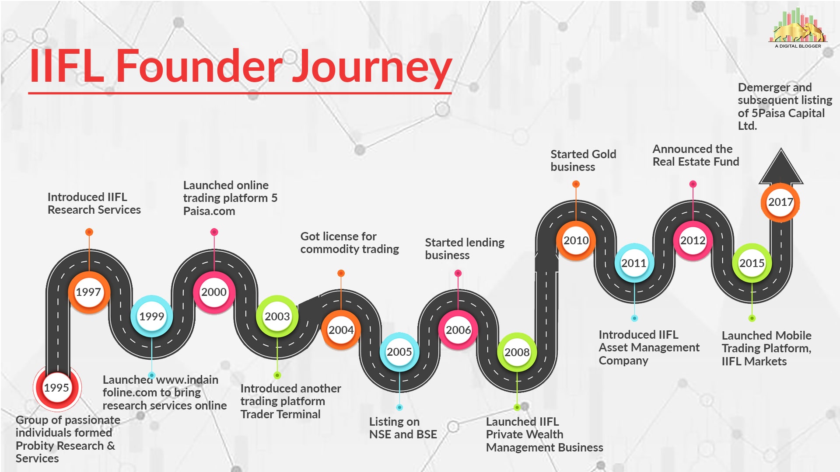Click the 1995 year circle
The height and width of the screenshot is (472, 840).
(56, 387)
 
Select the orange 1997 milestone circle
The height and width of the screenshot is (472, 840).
(89, 292)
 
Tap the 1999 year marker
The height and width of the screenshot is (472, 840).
(151, 316)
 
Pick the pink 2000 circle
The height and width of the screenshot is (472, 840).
(214, 292)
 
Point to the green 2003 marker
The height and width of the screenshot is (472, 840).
(277, 316)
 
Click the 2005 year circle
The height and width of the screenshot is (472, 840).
(399, 352)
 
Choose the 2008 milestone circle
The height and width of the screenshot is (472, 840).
(517, 353)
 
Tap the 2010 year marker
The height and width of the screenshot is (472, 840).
(576, 241)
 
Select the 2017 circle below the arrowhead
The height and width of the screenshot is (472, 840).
(780, 202)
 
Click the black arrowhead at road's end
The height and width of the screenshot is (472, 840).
(781, 166)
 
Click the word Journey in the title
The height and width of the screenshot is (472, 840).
(372, 67)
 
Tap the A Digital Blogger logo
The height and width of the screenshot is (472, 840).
(798, 28)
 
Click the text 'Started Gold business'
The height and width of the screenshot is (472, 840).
(583, 160)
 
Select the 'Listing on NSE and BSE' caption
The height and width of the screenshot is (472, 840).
(403, 428)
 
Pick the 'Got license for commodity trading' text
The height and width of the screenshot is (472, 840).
(350, 243)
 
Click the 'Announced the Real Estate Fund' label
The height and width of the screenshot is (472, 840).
(696, 155)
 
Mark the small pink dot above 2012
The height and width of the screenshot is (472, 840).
(693, 184)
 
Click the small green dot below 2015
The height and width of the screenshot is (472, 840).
(752, 318)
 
